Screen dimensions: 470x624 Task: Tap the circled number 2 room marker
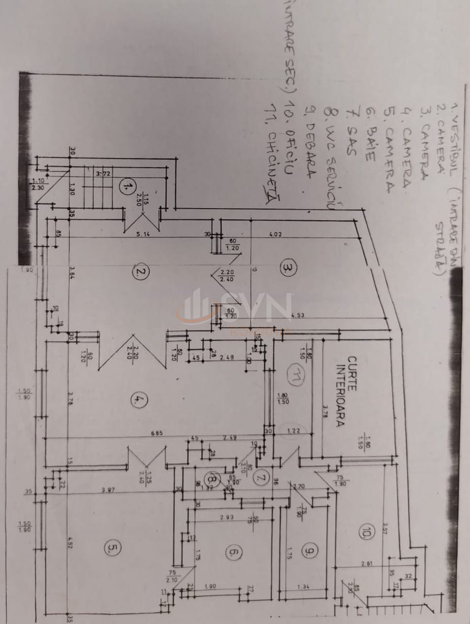(x=139, y=273)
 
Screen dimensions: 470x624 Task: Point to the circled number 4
(x=137, y=400)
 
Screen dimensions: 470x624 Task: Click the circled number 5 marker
(x=112, y=548)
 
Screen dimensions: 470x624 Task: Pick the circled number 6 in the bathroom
(x=233, y=553)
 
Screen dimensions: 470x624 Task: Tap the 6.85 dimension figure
(x=160, y=434)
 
